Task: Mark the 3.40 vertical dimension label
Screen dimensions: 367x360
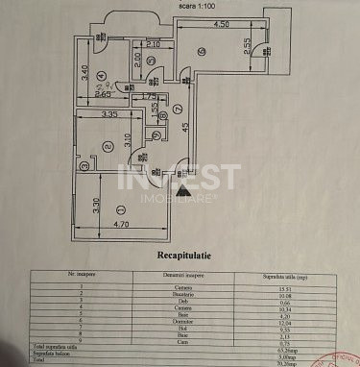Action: pyautogui.click(x=84, y=72)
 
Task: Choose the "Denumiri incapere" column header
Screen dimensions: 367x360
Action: pyautogui.click(x=180, y=277)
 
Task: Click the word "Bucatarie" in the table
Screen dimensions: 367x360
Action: pyautogui.click(x=180, y=296)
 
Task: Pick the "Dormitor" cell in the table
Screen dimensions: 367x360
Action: pyautogui.click(x=180, y=324)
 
